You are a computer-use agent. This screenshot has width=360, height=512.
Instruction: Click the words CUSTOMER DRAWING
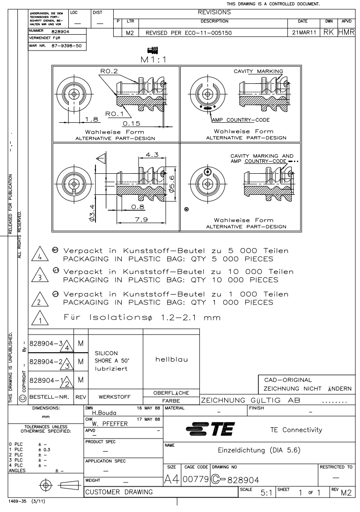113,491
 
